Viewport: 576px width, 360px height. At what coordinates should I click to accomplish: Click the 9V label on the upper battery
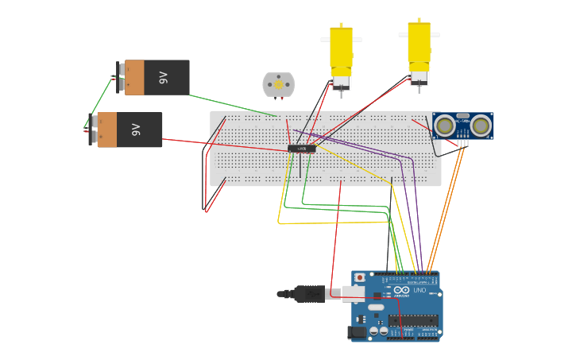[164, 77]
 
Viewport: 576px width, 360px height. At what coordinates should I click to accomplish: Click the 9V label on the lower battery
[137, 130]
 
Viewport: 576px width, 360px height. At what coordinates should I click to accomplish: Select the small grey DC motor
[278, 84]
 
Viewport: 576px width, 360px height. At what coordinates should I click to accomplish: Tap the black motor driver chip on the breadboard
[302, 149]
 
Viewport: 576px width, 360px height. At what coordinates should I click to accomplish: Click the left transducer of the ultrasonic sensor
[445, 125]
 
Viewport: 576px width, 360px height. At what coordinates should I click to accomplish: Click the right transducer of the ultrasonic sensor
[480, 125]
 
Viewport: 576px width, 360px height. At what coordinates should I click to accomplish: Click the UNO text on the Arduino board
[419, 290]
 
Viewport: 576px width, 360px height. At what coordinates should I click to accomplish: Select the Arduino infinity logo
[402, 290]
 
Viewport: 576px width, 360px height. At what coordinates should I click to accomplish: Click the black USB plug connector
[309, 294]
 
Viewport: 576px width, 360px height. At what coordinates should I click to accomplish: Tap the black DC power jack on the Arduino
[358, 332]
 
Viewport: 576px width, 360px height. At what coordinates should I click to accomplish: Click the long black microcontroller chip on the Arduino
[412, 321]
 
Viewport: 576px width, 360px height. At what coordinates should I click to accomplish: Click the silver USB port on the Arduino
[354, 293]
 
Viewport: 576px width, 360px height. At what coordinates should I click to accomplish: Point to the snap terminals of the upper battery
[121, 77]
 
